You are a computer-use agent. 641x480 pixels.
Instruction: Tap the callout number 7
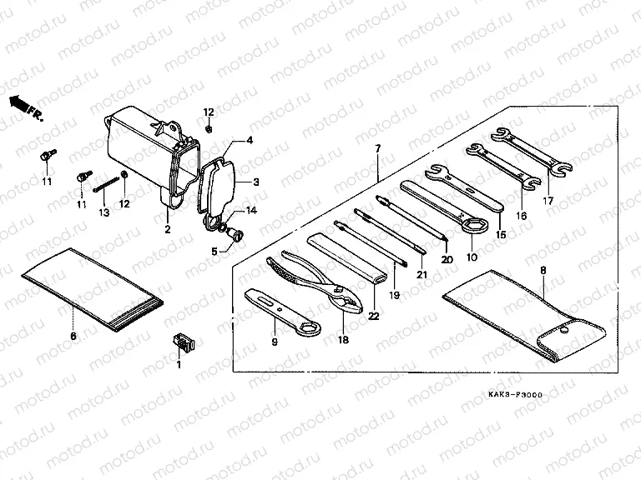tap(376, 149)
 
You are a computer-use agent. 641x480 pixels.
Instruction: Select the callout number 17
tap(548, 201)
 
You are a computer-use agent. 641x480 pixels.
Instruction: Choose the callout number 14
tap(251, 211)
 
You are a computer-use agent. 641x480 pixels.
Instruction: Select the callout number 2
tap(167, 229)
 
